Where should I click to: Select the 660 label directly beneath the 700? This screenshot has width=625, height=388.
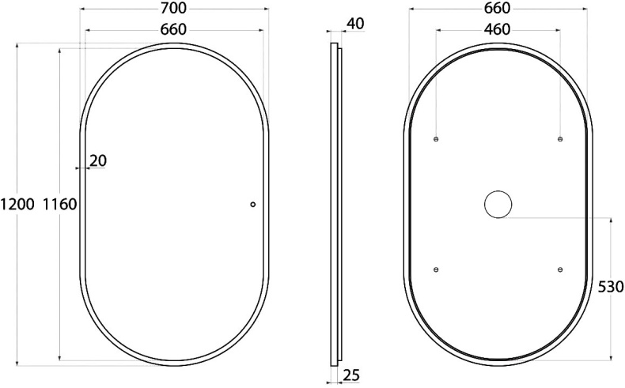click(x=173, y=29)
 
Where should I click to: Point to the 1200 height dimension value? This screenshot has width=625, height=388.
click(x=17, y=205)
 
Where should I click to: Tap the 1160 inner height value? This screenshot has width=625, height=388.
click(x=59, y=205)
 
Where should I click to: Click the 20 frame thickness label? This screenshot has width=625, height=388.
click(x=98, y=160)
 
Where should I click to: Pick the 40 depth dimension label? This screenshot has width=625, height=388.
click(x=354, y=24)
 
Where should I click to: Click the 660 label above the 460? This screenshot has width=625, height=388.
click(x=496, y=8)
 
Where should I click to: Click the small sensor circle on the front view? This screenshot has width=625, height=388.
click(x=253, y=205)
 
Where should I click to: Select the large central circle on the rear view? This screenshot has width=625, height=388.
click(x=498, y=205)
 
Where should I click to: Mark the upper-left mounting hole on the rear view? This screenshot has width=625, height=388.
click(x=436, y=139)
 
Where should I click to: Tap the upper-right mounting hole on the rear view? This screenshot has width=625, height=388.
click(x=560, y=139)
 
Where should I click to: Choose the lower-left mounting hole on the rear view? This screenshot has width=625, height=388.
click(x=436, y=269)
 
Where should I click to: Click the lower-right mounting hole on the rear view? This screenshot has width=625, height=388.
click(x=560, y=269)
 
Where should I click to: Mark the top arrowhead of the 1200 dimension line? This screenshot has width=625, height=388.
click(x=18, y=46)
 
